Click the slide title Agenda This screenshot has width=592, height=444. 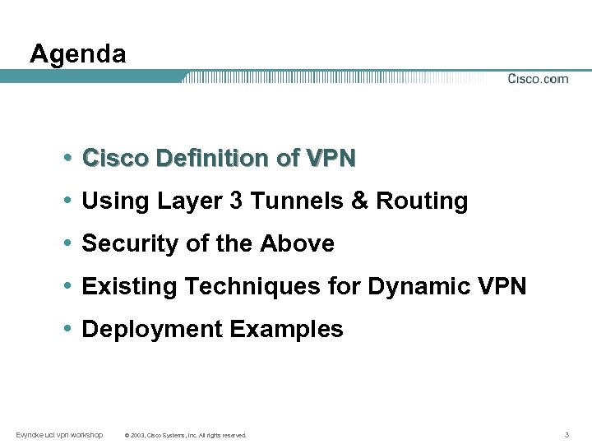(x=78, y=54)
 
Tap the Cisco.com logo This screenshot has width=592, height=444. (x=538, y=79)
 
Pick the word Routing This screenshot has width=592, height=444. (x=422, y=201)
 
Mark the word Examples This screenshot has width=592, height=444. (x=286, y=330)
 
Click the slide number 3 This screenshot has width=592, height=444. (x=567, y=434)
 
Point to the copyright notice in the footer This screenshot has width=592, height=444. (x=184, y=435)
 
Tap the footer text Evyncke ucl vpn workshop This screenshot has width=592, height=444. (x=59, y=434)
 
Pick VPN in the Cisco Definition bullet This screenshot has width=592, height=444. (x=331, y=158)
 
